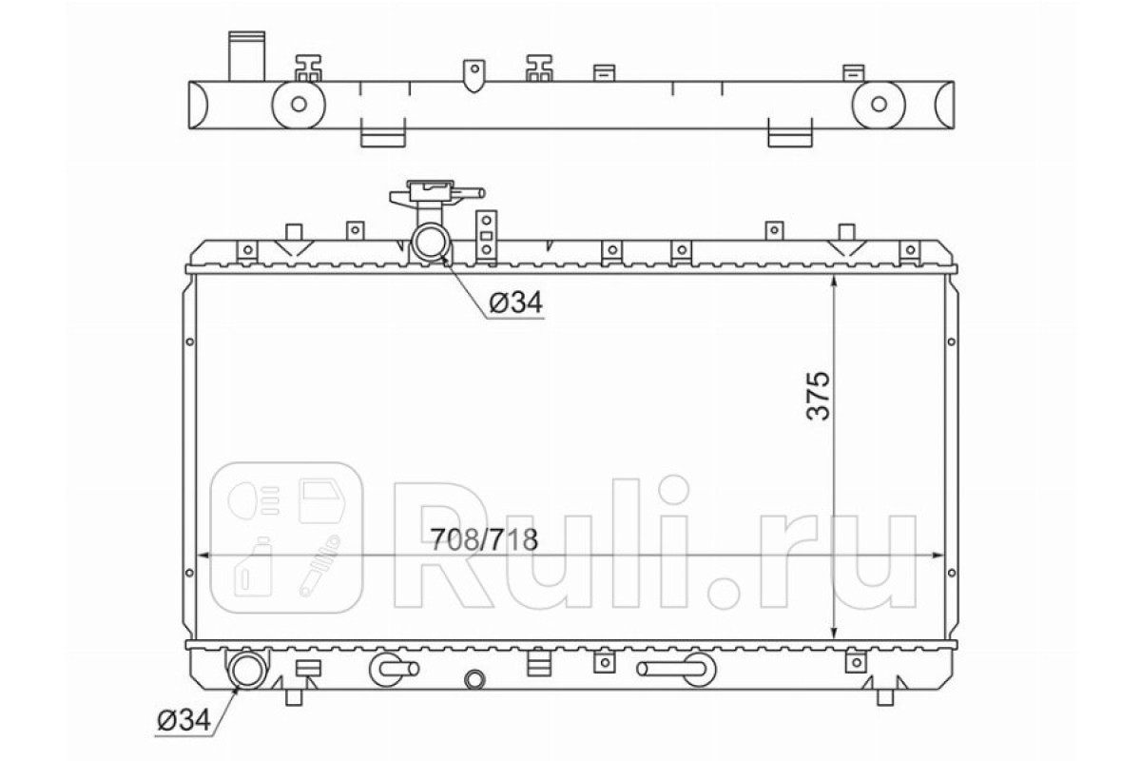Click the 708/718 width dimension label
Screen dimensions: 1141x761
click(484, 539)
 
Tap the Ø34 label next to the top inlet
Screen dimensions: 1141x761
click(516, 302)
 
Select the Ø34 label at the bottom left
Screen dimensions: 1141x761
click(184, 721)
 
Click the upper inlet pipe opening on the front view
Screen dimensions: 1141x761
click(431, 243)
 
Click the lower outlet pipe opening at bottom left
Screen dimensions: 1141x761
click(248, 670)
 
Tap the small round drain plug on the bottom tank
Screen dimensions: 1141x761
click(474, 679)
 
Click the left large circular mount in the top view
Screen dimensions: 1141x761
click(299, 104)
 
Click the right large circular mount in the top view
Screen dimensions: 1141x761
click(879, 104)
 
